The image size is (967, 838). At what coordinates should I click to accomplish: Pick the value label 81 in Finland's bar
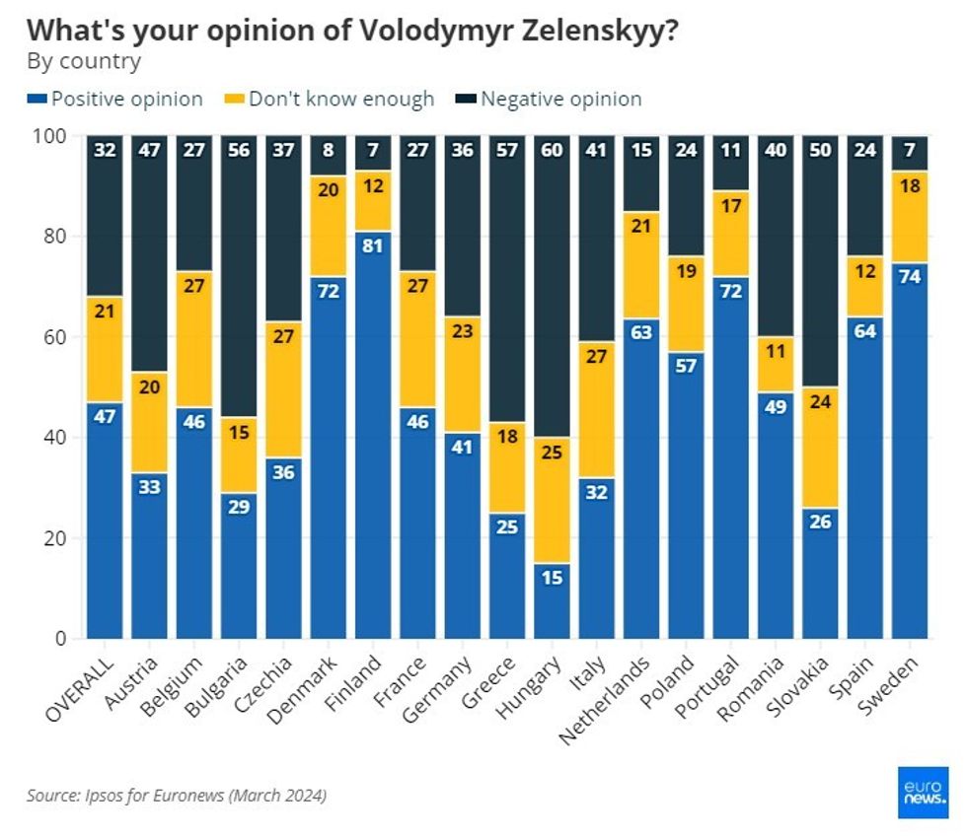(x=373, y=246)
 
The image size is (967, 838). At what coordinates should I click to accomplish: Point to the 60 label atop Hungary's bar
(x=552, y=151)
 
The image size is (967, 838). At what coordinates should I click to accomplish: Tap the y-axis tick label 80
(x=56, y=237)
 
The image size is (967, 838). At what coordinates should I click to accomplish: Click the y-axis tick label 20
(x=56, y=538)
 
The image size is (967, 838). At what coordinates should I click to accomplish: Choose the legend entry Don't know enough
(x=340, y=100)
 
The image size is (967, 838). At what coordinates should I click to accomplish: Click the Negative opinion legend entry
(x=560, y=100)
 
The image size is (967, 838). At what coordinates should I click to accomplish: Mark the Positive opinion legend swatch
(x=37, y=100)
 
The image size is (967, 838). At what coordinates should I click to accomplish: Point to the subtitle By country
(x=84, y=62)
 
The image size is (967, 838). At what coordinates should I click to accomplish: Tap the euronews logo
(x=923, y=792)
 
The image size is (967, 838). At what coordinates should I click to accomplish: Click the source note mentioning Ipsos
(x=177, y=795)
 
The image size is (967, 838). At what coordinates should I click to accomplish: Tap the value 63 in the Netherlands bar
(x=640, y=331)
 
